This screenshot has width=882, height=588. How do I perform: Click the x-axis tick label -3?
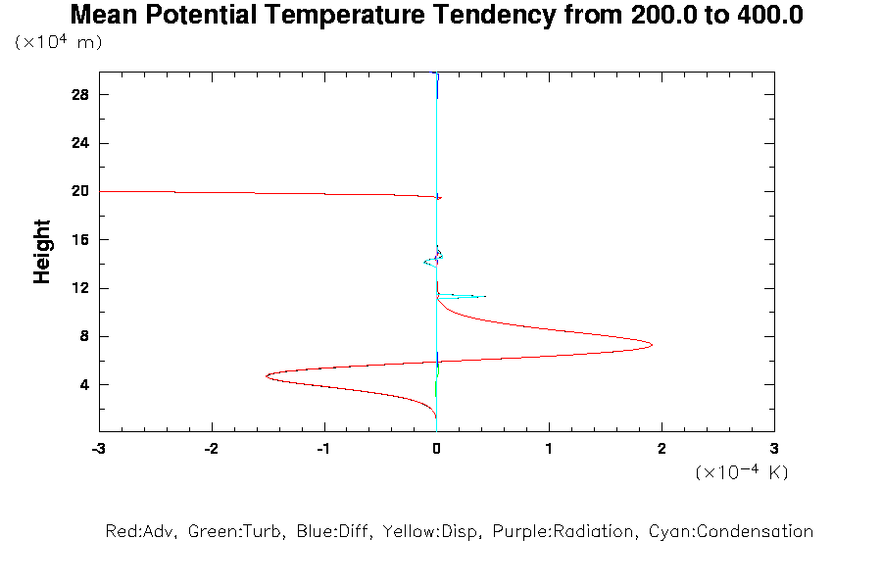tap(97, 448)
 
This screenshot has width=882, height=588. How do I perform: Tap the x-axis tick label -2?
tap(210, 448)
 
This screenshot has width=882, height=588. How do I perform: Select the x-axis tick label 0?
tap(436, 448)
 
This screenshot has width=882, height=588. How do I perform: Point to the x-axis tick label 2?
tap(661, 448)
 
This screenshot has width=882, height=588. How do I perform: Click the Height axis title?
tap(42, 252)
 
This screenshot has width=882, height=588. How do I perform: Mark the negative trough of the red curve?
tap(267, 375)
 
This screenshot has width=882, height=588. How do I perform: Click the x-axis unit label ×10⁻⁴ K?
tap(742, 472)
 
